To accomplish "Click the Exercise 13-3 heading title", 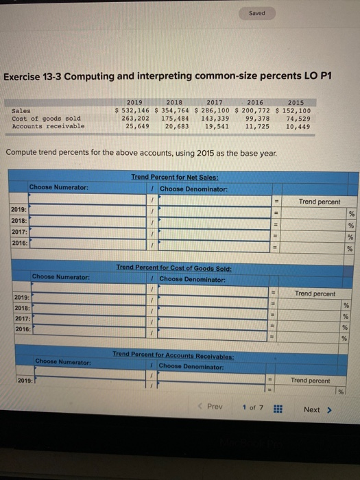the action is tap(167, 75).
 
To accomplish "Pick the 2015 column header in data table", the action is tap(296, 102).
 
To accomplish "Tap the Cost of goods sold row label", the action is tap(47, 118).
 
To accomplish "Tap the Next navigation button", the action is tap(316, 409).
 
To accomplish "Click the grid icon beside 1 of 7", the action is tap(278, 409).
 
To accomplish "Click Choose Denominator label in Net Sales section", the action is tap(189, 189).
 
